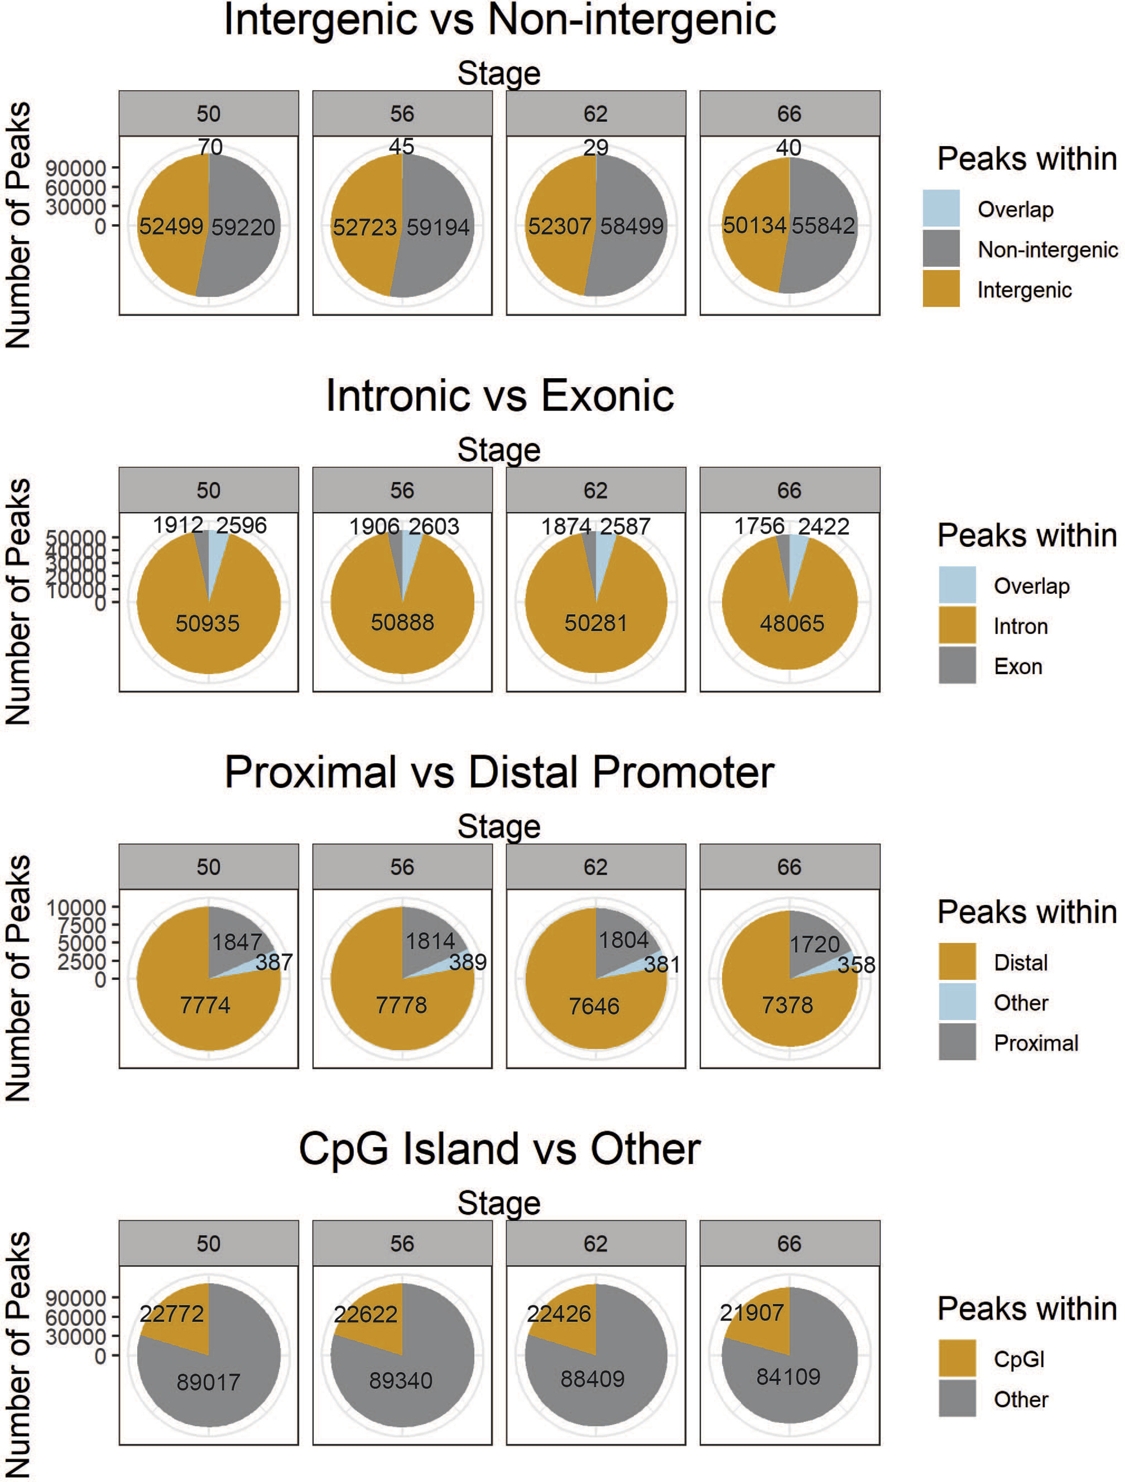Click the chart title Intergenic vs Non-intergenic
pyautogui.click(x=499, y=20)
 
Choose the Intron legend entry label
pyautogui.click(x=1020, y=626)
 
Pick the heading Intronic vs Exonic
pyautogui.click(x=499, y=396)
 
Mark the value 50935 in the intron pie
pyautogui.click(x=207, y=623)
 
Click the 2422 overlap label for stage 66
pyautogui.click(x=823, y=526)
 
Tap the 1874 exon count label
pyautogui.click(x=567, y=526)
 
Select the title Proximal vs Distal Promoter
pyautogui.click(x=499, y=772)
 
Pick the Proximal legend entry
pyautogui.click(x=1035, y=1043)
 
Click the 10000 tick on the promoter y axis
pyautogui.click(x=76, y=908)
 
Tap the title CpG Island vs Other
pyautogui.click(x=499, y=1149)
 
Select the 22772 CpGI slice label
pyautogui.click(x=171, y=1313)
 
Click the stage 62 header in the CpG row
pyautogui.click(x=595, y=1243)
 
